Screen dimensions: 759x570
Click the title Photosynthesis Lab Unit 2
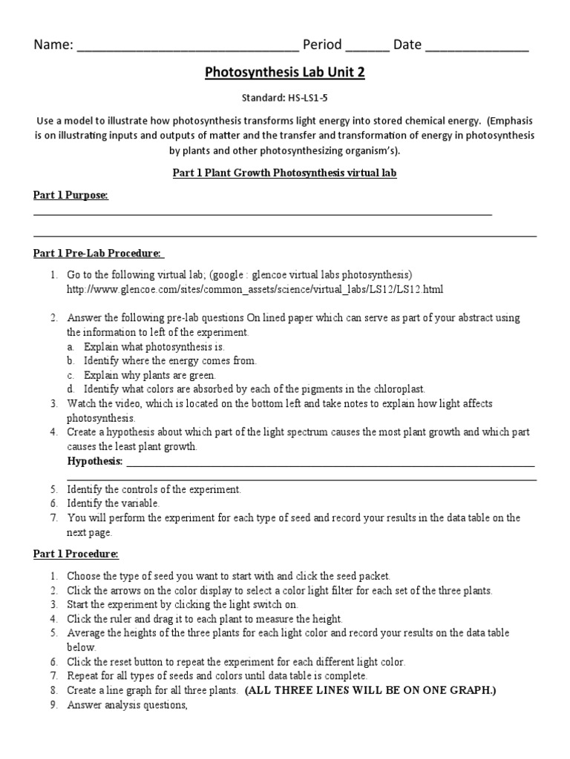pos(284,73)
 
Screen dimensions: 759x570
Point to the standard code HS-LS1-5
pos(307,97)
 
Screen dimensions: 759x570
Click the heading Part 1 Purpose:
pos(71,195)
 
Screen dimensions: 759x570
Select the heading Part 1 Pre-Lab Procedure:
pos(98,253)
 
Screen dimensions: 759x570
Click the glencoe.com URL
pos(255,288)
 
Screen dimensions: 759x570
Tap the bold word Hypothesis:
pos(95,461)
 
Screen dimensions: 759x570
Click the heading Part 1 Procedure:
pos(76,554)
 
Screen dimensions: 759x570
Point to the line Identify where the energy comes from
pos(170,360)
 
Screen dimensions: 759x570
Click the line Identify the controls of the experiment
pos(154,489)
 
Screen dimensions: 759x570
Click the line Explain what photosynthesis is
pos(154,346)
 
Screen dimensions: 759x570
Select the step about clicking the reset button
pos(236,661)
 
